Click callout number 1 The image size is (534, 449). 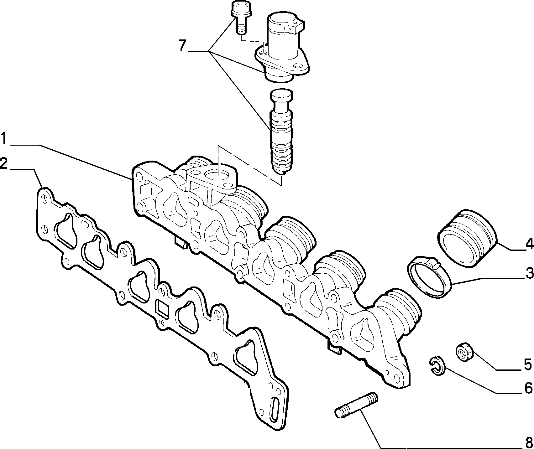coord(4,138)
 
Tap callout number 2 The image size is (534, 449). coord(4,163)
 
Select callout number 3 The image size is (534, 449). coord(529,274)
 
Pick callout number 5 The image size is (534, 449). coord(528,364)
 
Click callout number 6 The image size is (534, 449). coord(528,388)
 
